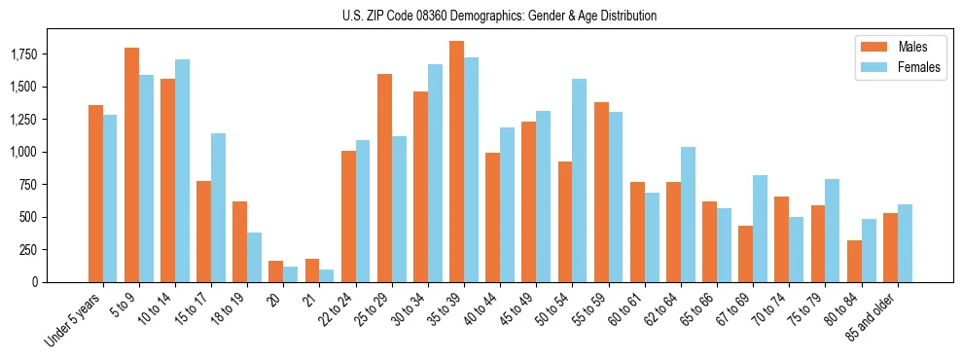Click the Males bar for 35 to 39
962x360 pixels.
(456, 162)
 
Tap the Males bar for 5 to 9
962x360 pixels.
(131, 164)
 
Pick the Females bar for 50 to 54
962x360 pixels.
(579, 180)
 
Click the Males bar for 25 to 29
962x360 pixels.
(384, 178)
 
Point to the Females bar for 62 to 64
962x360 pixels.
(687, 214)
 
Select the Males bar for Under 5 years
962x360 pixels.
(95, 194)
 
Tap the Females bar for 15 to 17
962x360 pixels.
(218, 207)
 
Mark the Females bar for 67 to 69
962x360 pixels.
(759, 229)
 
